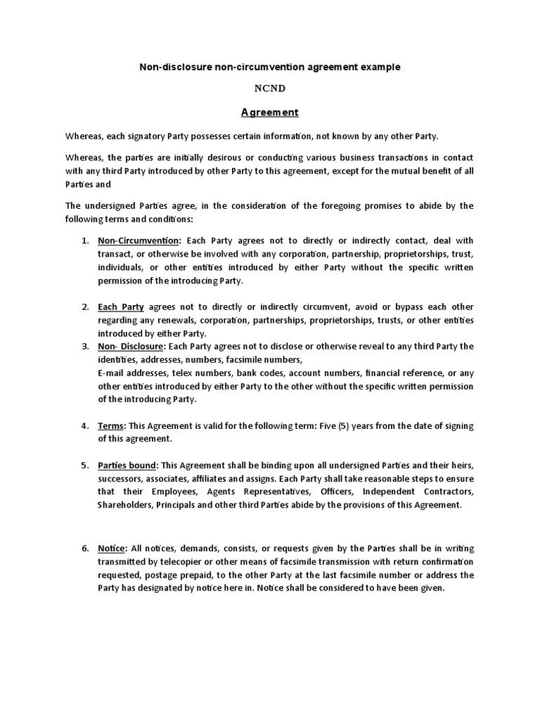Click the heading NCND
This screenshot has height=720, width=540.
[270, 89]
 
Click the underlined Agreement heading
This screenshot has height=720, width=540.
[270, 112]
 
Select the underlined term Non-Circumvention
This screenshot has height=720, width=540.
[139, 241]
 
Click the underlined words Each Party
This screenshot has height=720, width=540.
[121, 307]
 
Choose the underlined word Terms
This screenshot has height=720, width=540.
[111, 426]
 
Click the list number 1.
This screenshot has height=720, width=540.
[85, 241]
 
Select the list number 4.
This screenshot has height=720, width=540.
[85, 426]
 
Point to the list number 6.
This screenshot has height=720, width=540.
[85, 548]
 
